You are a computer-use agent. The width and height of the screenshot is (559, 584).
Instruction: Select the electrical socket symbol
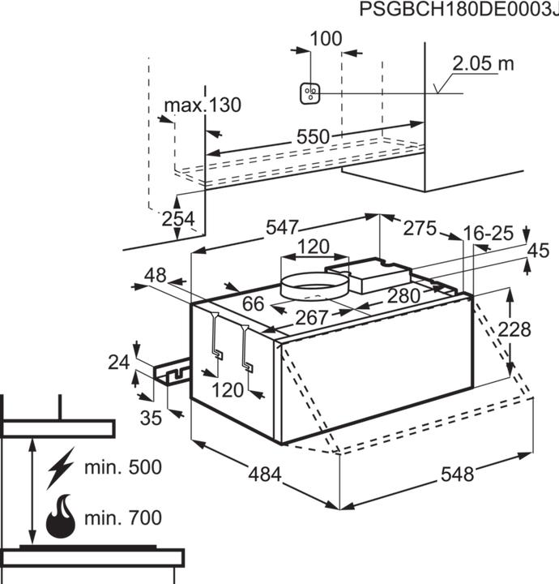click(x=309, y=93)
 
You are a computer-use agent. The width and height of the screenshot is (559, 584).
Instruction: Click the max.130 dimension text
click(x=203, y=106)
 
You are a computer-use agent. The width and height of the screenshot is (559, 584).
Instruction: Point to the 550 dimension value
click(x=312, y=137)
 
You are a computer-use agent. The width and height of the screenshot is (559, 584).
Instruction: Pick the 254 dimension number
click(x=178, y=219)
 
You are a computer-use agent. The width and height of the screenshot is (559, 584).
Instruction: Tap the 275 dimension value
click(x=420, y=228)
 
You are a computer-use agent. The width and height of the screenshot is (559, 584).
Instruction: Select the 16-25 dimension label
click(x=489, y=234)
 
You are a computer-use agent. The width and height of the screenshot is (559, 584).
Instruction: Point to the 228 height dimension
click(x=514, y=330)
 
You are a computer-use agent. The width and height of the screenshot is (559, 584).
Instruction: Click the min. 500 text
click(x=123, y=468)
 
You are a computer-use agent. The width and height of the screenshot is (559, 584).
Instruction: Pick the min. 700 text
click(x=123, y=517)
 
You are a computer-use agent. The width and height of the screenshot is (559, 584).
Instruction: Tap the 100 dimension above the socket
click(x=326, y=38)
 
